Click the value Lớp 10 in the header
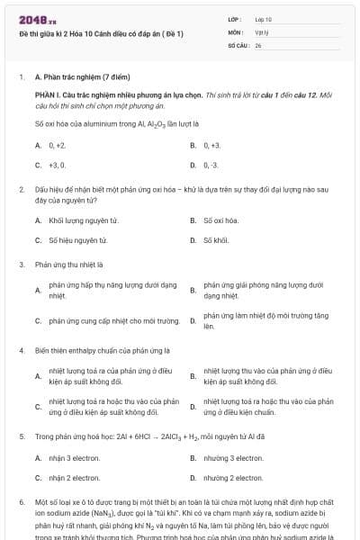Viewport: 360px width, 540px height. click(x=263, y=18)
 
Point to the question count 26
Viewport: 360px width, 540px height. click(x=258, y=44)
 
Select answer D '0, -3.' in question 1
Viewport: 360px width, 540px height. click(x=211, y=166)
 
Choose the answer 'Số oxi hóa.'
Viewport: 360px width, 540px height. click(x=221, y=220)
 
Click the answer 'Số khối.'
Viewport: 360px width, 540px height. click(x=217, y=240)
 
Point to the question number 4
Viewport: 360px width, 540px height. click(x=21, y=349)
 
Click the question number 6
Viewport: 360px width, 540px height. click(x=21, y=500)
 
